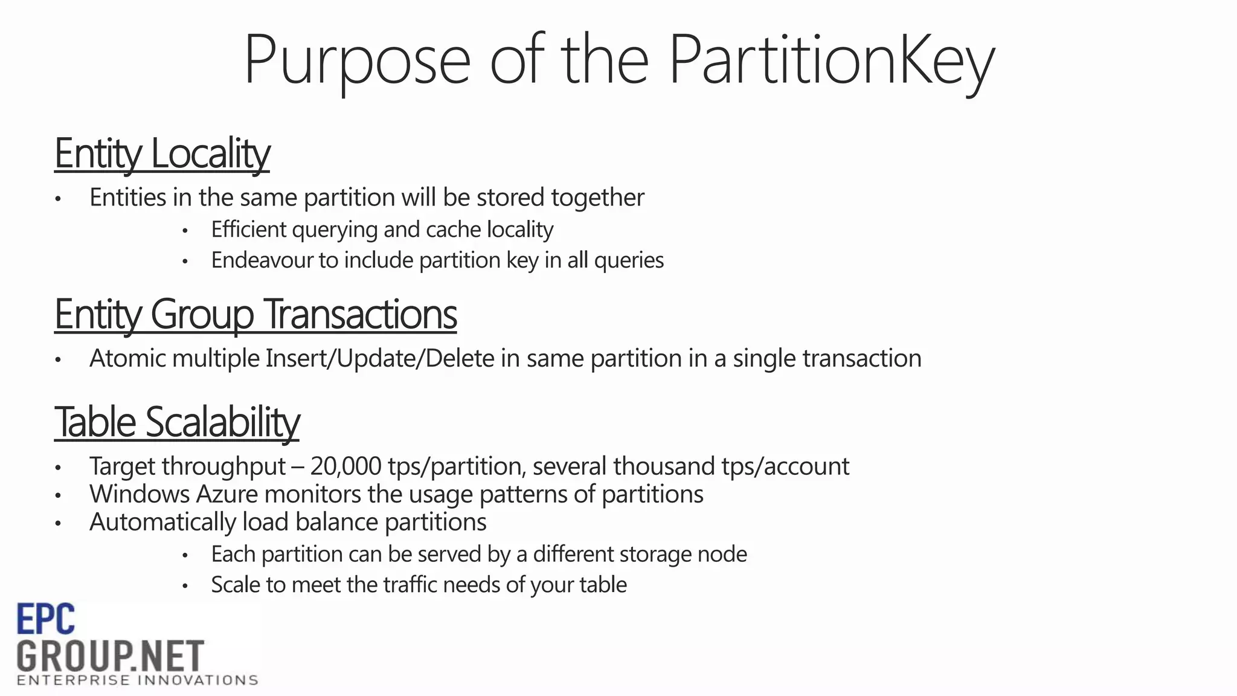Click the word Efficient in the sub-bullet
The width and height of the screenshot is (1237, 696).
pos(248,230)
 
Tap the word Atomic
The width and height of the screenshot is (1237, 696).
pos(127,358)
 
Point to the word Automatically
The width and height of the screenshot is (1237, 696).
pos(162,522)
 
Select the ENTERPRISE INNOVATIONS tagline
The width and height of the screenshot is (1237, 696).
pos(138,681)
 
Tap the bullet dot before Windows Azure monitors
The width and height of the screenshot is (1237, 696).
pos(58,495)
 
